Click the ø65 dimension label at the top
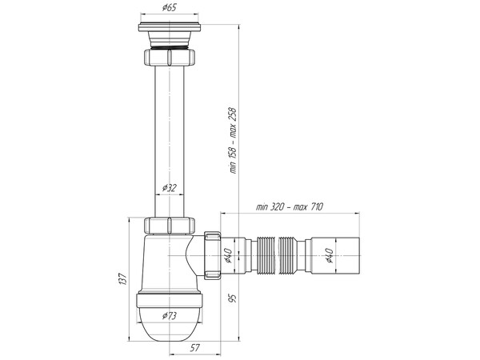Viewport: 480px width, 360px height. pos(169,8)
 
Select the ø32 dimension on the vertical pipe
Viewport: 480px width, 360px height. pos(169,188)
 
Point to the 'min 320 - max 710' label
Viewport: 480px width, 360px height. pos(289,206)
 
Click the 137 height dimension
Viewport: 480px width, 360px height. pos(122,278)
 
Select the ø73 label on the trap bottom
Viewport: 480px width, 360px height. pos(170,315)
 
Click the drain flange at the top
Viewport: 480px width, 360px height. pos(169,37)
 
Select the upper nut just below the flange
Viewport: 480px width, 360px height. pos(169,58)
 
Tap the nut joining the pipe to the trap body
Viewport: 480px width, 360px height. pos(169,225)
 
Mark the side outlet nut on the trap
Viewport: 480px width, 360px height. pos(212,255)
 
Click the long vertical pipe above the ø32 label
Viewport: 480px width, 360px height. pos(169,120)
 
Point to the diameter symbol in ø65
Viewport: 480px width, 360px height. pos(163,8)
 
